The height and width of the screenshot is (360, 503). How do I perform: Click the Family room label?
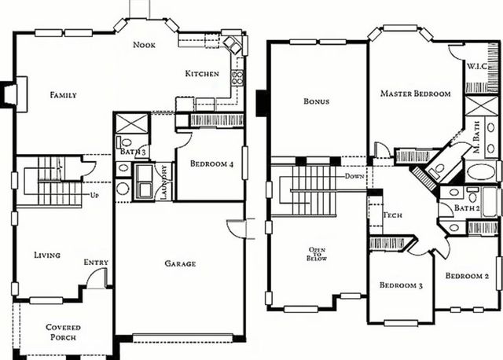tap(63, 95)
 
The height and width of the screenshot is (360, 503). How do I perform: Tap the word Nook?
tap(144, 45)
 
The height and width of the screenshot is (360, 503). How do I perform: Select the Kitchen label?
tap(202, 74)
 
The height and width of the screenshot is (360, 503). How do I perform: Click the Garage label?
tap(180, 263)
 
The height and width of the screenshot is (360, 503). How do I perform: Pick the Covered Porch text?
tap(63, 332)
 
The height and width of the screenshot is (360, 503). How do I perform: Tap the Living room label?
tap(47, 255)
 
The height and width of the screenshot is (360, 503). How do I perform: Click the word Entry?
tap(96, 263)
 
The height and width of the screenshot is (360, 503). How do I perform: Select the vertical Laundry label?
tap(164, 182)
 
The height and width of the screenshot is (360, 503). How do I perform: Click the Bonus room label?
tap(316, 101)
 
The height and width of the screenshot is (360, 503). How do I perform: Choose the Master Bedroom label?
tap(416, 94)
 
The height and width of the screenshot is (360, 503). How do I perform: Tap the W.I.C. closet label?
tap(478, 67)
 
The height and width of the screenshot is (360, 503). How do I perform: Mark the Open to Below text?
tap(316, 255)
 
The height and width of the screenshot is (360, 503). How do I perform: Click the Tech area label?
tap(393, 215)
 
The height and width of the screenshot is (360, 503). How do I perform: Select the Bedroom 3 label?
tap(401, 285)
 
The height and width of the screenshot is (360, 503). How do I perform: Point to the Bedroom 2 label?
tap(468, 276)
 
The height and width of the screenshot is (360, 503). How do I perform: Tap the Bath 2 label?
tap(467, 208)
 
